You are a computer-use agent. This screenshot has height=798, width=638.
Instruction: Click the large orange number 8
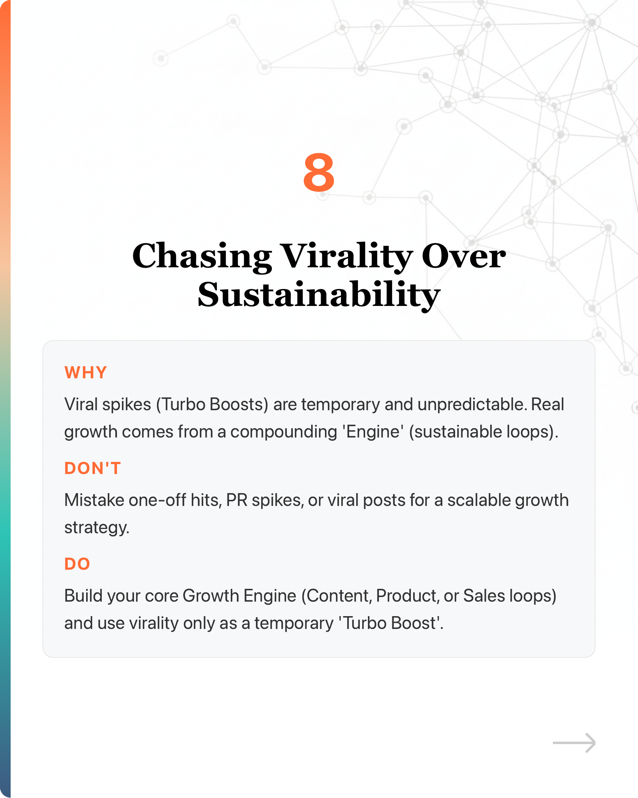(319, 173)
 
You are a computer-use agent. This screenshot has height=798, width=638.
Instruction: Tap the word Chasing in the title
(202, 257)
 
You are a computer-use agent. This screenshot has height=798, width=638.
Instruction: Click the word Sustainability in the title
(319, 295)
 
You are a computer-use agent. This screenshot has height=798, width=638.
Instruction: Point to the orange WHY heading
(85, 372)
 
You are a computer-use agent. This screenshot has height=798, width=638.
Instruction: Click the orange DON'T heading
(93, 468)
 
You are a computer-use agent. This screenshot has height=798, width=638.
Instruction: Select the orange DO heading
(77, 564)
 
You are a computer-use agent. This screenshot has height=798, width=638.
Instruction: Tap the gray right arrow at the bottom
(574, 742)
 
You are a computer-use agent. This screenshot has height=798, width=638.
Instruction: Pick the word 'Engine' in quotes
(373, 431)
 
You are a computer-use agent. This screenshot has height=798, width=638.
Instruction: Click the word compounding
(284, 431)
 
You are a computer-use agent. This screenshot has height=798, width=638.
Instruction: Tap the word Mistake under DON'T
(94, 500)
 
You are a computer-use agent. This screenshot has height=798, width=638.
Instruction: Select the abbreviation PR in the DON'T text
(236, 500)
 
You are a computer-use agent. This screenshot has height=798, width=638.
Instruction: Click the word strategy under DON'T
(96, 528)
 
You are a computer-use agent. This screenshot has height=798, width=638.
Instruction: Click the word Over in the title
(463, 257)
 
